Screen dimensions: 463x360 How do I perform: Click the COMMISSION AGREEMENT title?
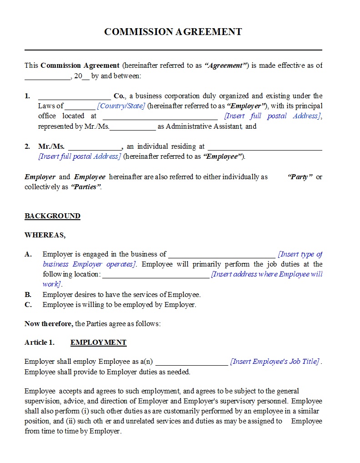pos(173,32)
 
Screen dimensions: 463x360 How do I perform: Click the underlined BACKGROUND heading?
pos(52,216)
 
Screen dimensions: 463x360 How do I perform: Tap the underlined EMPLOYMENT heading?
pos(98,342)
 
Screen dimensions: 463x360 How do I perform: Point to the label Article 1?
pos(40,342)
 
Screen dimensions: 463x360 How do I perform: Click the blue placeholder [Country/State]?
pos(121,106)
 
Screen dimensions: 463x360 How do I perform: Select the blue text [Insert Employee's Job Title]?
pos(275,362)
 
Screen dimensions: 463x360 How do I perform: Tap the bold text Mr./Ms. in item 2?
pos(51,146)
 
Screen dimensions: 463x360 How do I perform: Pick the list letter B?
pos(28,295)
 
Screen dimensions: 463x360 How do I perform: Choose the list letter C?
pos(28,305)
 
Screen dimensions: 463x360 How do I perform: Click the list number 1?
pos(27,96)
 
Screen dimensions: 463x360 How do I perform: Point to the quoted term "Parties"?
pos(86,187)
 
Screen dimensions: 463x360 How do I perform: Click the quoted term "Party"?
pos(300,177)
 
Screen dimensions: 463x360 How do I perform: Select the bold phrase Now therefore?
pos(49,324)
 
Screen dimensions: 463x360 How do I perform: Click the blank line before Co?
pos(74,98)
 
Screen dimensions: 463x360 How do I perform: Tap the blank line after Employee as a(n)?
pos(191,364)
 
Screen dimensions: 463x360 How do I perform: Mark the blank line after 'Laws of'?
pos(80,108)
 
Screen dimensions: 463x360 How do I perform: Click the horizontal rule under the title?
pos(173,50)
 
